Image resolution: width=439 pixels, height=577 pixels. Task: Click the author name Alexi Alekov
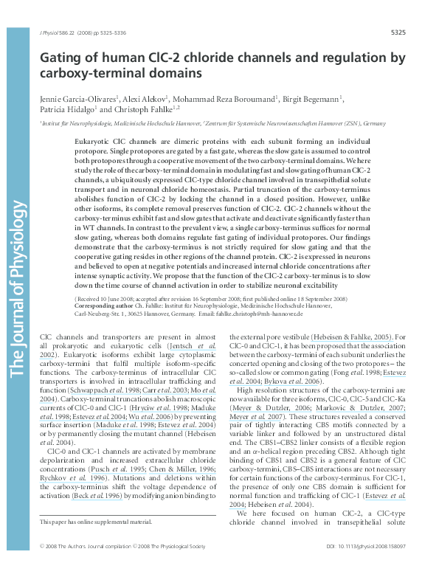(x=148, y=98)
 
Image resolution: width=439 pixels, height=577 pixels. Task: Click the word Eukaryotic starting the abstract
(x=94, y=139)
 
